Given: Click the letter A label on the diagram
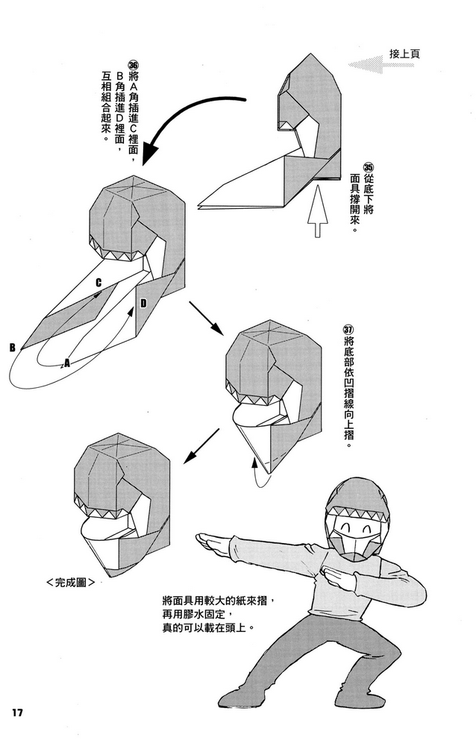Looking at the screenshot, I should coord(67,363).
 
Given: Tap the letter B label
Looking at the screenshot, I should coord(12,347).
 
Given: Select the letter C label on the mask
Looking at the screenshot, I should coord(98,283).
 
